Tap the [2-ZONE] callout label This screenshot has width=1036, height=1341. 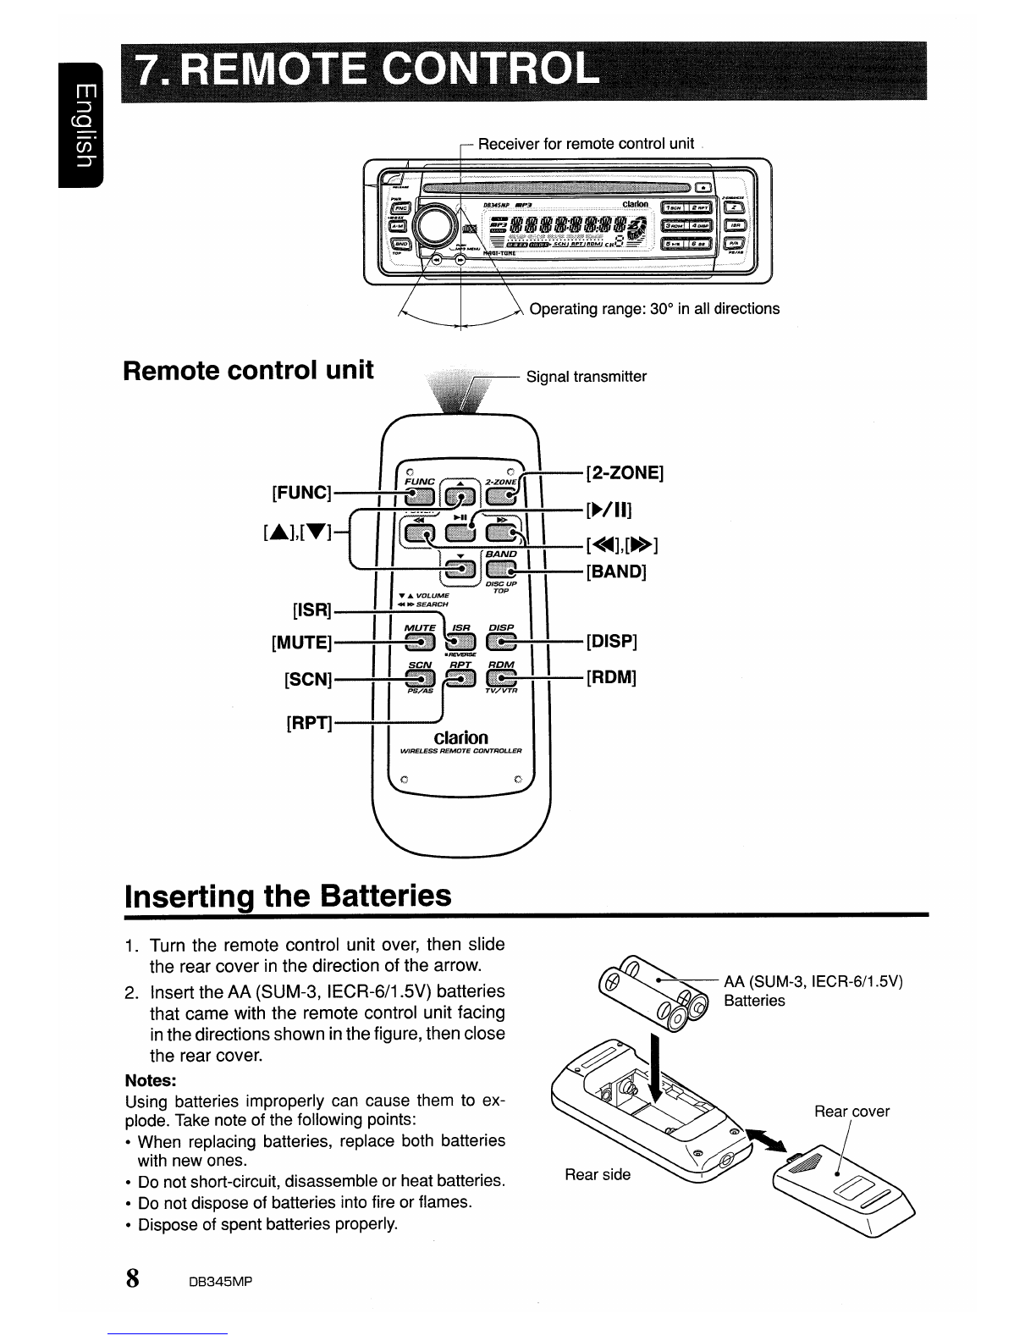(625, 472)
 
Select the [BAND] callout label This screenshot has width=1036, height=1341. (616, 571)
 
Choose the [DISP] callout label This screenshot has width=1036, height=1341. (611, 641)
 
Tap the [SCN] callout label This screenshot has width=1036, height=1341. (307, 680)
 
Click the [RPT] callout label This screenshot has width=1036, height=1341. (308, 724)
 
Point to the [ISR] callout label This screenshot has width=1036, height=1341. (311, 610)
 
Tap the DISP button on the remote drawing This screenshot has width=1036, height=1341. (502, 641)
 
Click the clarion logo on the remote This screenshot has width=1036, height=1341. (460, 737)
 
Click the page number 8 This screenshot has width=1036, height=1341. (133, 1278)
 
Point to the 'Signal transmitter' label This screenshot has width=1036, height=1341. (587, 377)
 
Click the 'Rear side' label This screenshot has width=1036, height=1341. (598, 1174)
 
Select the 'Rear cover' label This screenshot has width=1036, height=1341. (851, 1112)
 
